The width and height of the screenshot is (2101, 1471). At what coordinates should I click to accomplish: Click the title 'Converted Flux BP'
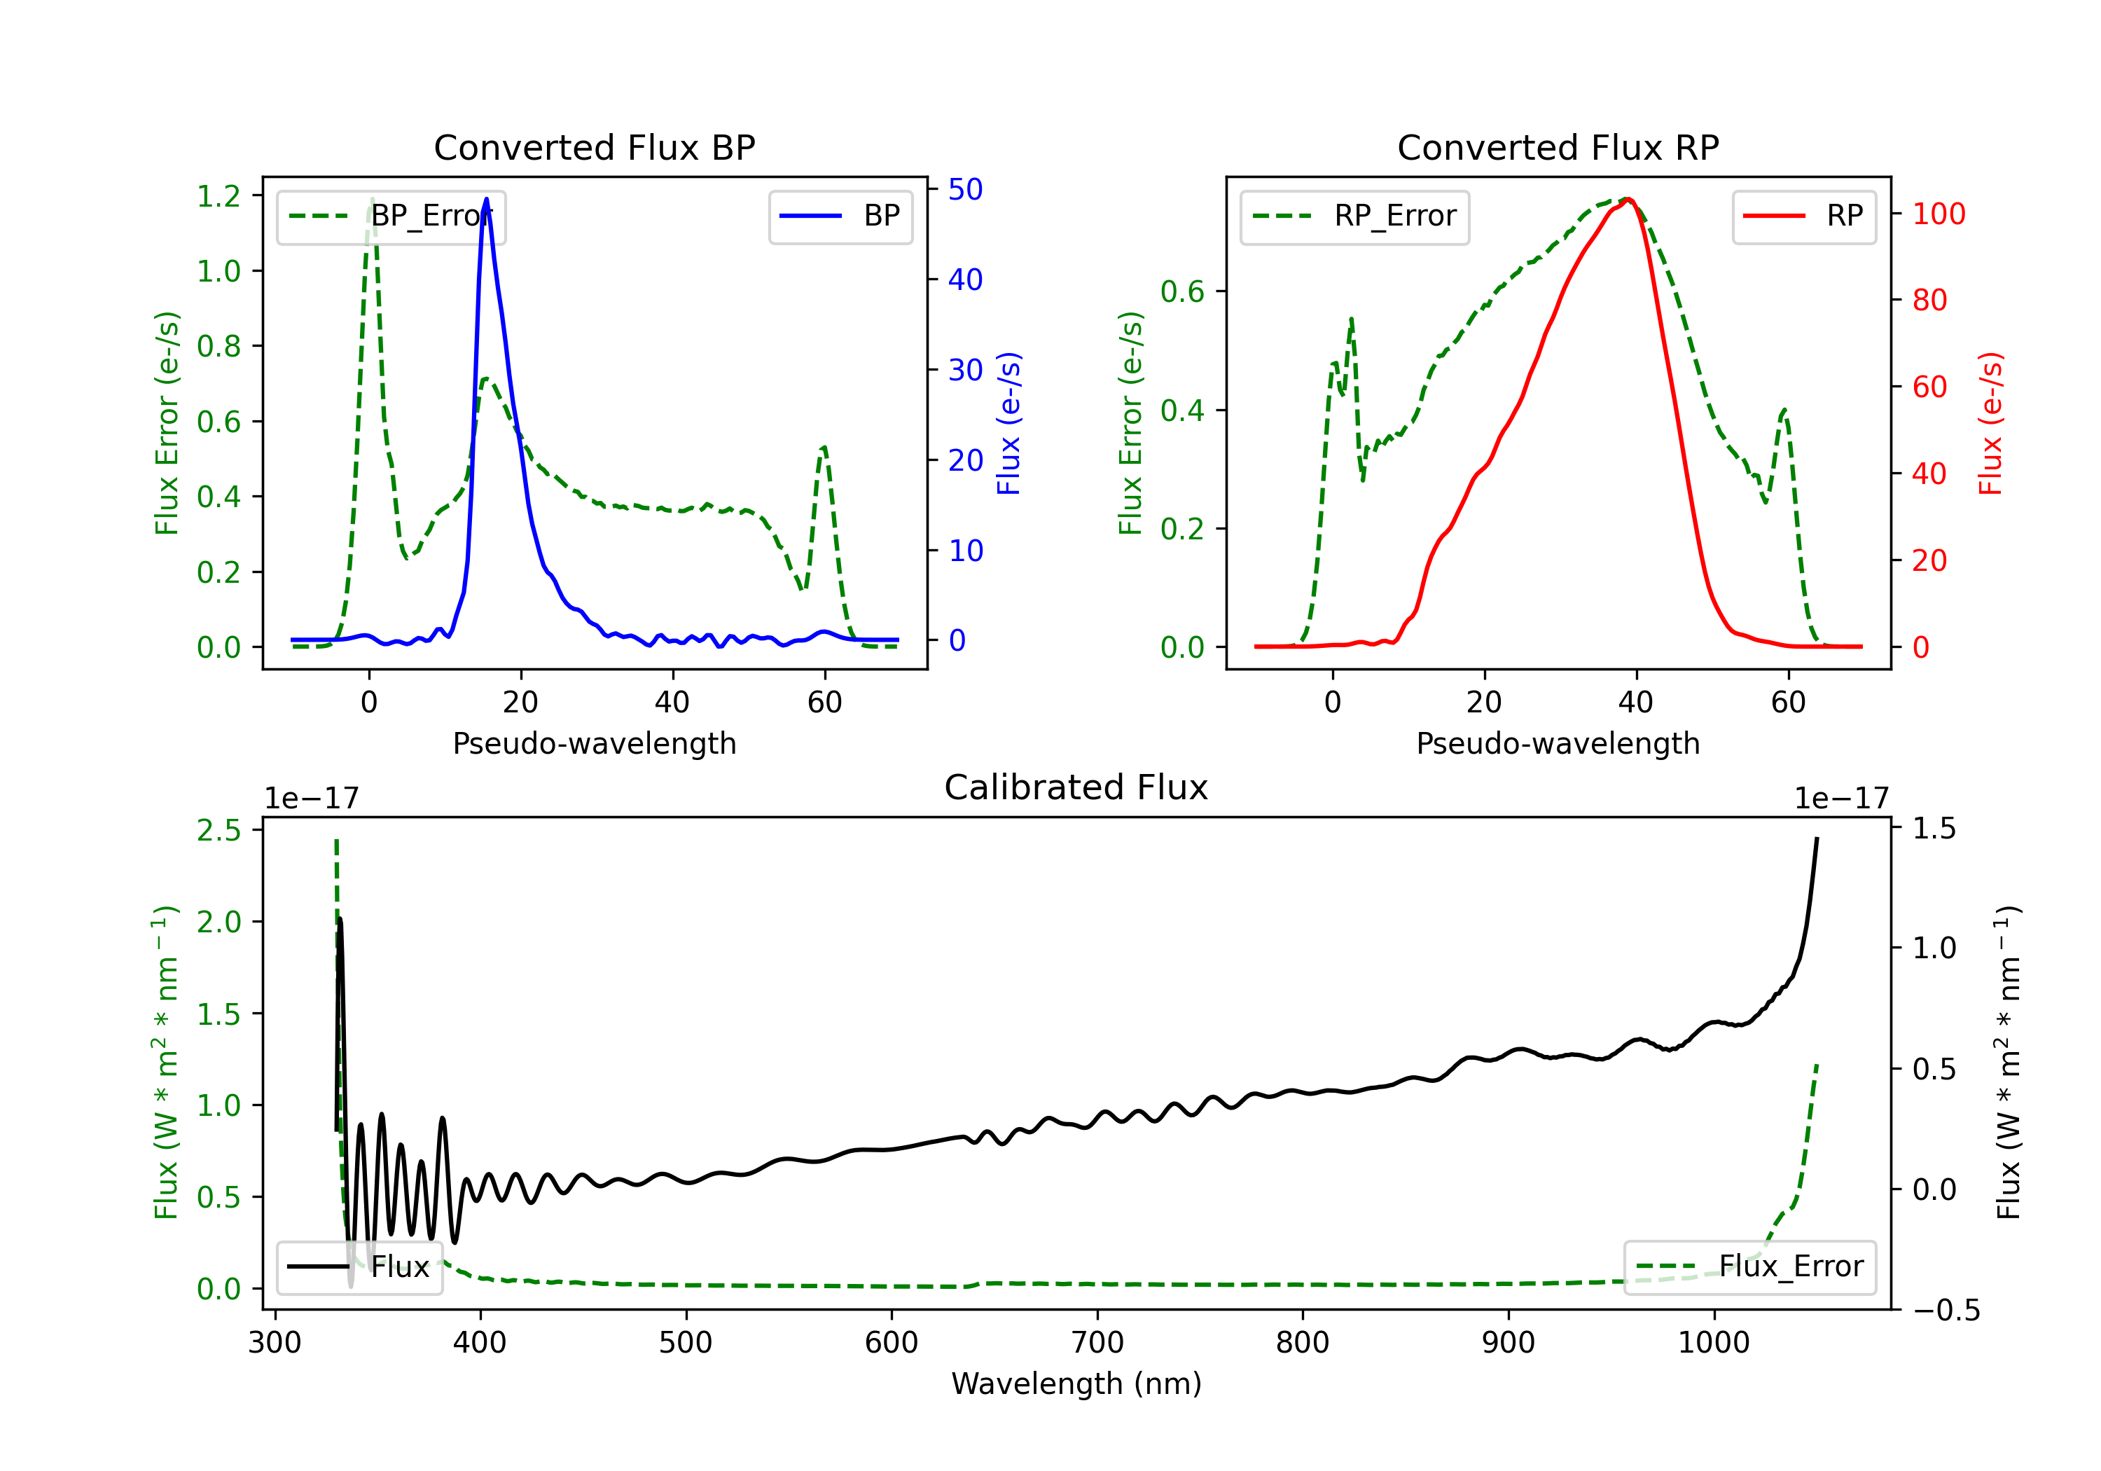[594, 147]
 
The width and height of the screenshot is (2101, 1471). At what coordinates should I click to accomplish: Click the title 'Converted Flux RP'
[1558, 147]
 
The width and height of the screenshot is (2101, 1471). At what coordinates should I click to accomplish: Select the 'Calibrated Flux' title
[1076, 787]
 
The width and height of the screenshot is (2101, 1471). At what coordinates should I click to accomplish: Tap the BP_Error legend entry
[391, 216]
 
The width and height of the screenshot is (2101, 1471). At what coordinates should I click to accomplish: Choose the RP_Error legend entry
[1354, 216]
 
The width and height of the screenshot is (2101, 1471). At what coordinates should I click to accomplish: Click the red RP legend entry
[1803, 216]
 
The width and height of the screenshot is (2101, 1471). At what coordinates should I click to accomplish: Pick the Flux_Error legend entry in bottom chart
[1749, 1267]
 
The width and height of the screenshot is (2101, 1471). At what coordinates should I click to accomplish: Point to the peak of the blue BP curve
[486, 199]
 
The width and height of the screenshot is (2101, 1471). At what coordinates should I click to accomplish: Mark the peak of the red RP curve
[1629, 200]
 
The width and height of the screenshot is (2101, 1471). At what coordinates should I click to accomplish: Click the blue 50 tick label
[964, 190]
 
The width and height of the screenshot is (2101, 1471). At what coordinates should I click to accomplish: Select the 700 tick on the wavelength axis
[1097, 1343]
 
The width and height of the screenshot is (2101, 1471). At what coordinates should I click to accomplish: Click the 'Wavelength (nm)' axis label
[1076, 1383]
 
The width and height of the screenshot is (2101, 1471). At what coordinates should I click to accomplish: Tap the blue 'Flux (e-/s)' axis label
[1008, 423]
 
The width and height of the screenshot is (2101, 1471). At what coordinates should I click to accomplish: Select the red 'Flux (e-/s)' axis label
[1990, 423]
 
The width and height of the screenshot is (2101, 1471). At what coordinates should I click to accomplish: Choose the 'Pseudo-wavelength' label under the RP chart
[1558, 743]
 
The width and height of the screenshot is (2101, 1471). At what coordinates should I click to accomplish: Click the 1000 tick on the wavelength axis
[1713, 1343]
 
